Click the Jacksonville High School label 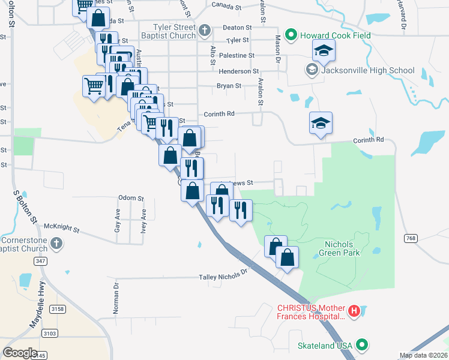(x=368, y=70)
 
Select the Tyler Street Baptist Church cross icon (x=204, y=30)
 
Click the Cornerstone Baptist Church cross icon (x=56, y=243)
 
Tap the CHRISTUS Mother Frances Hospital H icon (x=354, y=311)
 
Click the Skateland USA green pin (x=361, y=346)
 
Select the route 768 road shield (x=411, y=238)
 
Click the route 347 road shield (x=41, y=261)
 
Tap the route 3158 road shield (x=58, y=309)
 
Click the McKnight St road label (x=62, y=227)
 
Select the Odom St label (x=131, y=198)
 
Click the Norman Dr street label (x=116, y=299)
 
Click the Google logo (x=20, y=353)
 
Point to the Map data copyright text (x=424, y=355)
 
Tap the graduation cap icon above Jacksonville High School (x=323, y=52)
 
